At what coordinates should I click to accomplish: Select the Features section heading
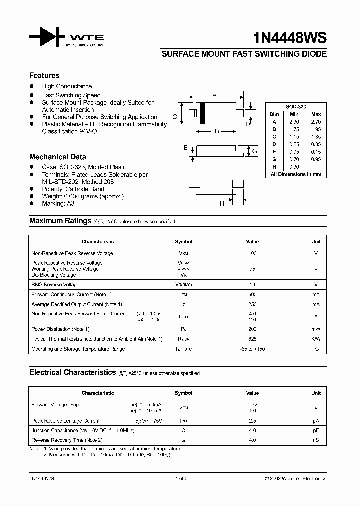coord(44,75)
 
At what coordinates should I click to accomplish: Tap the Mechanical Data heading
coord(57,157)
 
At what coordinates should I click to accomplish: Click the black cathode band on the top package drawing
coord(203,113)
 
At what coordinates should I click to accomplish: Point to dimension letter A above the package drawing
coord(215,95)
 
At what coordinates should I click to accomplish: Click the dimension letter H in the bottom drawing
coord(222,203)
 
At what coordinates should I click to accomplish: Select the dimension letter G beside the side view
coord(254,151)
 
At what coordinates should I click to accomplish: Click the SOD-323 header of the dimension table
coord(296,107)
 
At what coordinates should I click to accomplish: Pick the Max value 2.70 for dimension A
coord(316,122)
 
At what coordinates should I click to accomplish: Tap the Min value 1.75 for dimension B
coord(295,129)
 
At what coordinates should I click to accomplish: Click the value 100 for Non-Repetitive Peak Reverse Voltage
coord(252,253)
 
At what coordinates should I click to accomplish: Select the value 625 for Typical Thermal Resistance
coord(252,339)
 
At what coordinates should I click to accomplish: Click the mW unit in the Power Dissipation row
coord(316,329)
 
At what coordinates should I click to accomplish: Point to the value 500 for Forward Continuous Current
coord(252,294)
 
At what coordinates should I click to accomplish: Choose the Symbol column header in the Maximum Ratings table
coord(183,241)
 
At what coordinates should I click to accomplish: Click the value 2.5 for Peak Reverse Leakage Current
coord(252,421)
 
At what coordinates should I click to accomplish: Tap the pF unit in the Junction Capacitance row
coord(316,430)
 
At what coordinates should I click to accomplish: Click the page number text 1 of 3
coord(181,478)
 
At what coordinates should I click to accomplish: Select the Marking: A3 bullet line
coord(60,203)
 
